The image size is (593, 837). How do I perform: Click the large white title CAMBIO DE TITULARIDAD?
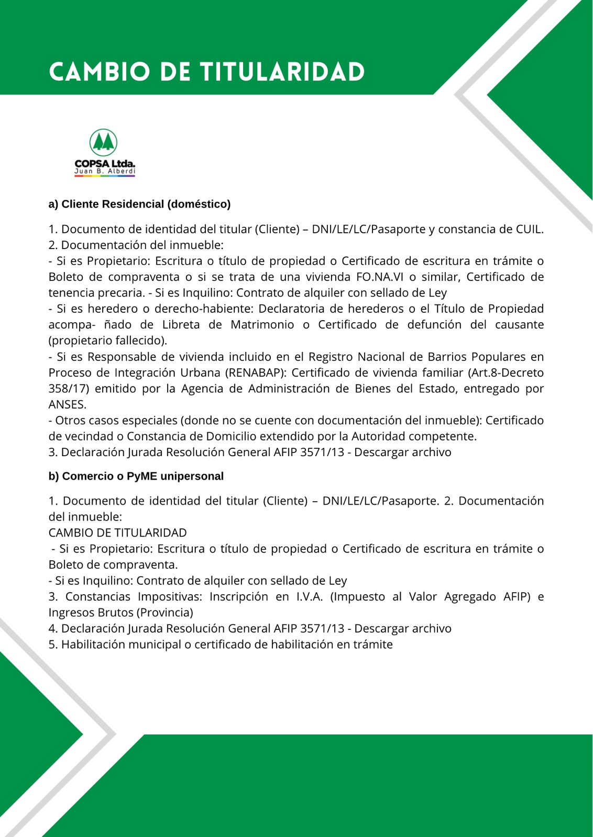pyautogui.click(x=207, y=72)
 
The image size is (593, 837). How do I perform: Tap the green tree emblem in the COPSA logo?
pyautogui.click(x=103, y=142)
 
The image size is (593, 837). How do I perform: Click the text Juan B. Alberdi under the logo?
pyautogui.click(x=105, y=171)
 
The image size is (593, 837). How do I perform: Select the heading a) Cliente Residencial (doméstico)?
pyautogui.click(x=139, y=204)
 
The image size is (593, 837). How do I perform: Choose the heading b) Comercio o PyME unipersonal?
pyautogui.click(x=136, y=476)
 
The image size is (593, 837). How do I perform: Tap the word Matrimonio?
pyautogui.click(x=262, y=324)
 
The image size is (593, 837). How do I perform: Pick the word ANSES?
pyautogui.click(x=68, y=404)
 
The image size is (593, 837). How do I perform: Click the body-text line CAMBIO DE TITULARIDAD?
pyautogui.click(x=117, y=533)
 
